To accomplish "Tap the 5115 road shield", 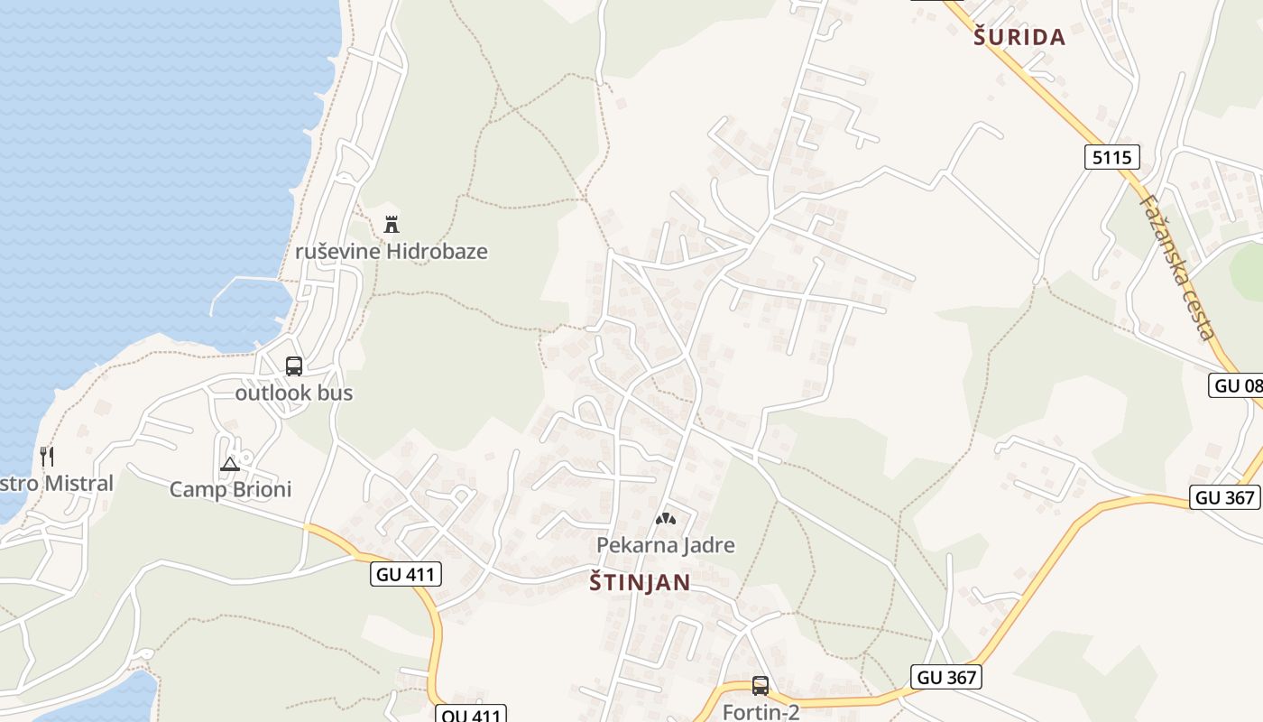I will (x=1111, y=158).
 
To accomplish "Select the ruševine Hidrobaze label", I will (x=392, y=251).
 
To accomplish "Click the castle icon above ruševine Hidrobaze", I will (x=391, y=224).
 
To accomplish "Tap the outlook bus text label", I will (x=294, y=393).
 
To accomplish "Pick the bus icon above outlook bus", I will (x=294, y=366).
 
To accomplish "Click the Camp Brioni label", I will (x=231, y=489).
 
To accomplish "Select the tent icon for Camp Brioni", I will (x=230, y=464).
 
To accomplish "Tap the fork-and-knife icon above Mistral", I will (x=47, y=457).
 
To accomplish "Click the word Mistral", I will (x=78, y=483).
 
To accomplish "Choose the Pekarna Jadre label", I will (x=666, y=545).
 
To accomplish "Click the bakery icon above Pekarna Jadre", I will (x=666, y=519).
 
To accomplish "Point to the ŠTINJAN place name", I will (x=640, y=583).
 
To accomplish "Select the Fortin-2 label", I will (x=761, y=712).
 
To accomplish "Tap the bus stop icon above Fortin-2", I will (x=761, y=686).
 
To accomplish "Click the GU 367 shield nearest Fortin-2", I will (x=945, y=676).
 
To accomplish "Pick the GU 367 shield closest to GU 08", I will (x=1224, y=497).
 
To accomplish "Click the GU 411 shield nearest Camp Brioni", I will (x=405, y=573).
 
